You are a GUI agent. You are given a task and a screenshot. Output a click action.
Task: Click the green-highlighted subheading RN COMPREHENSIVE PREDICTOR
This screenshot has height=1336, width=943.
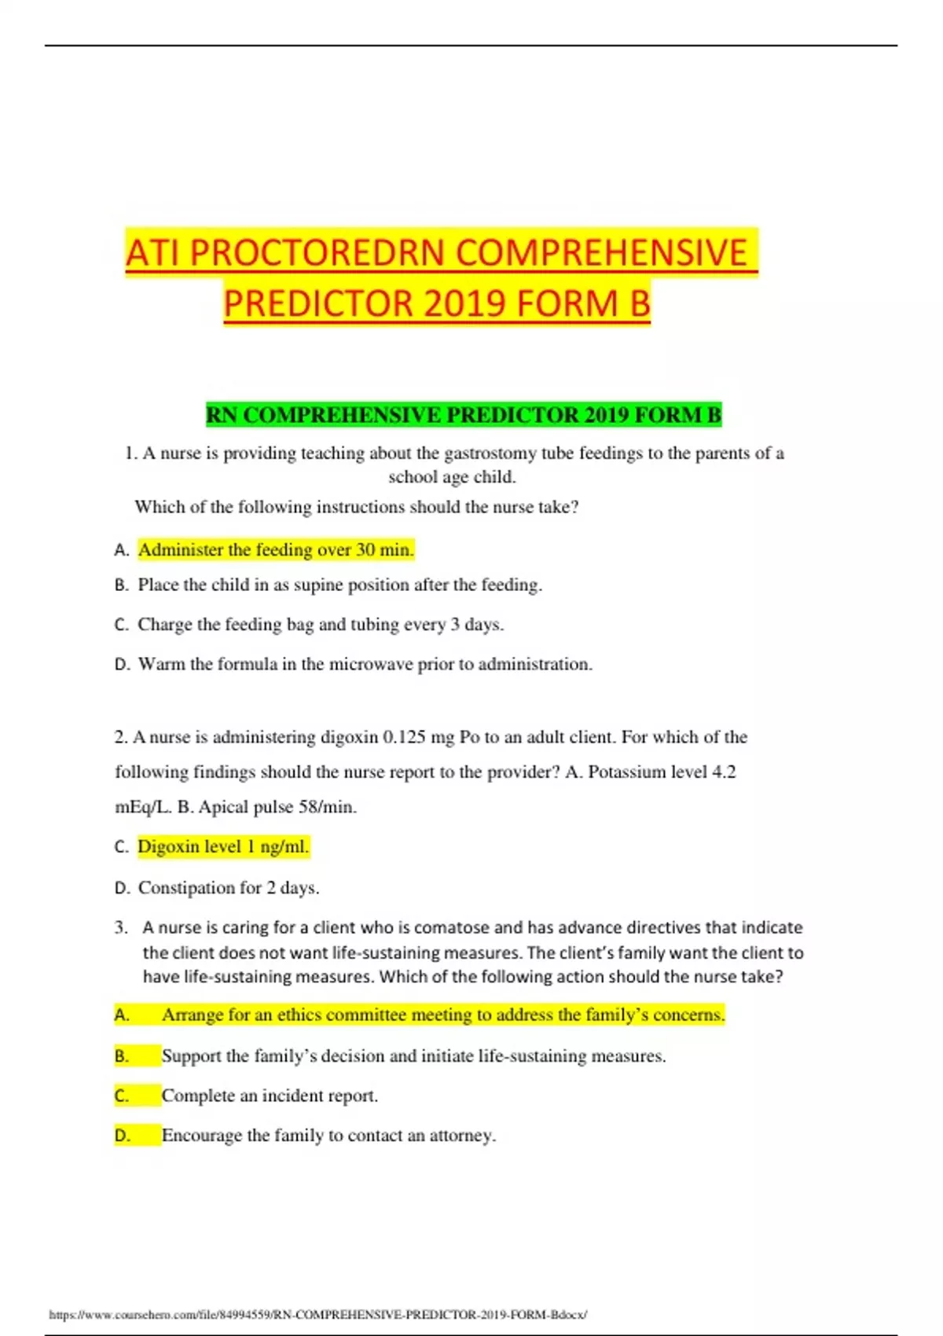pos(463,415)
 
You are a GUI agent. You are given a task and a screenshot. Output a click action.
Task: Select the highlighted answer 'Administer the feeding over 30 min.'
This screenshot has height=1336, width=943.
pos(275,549)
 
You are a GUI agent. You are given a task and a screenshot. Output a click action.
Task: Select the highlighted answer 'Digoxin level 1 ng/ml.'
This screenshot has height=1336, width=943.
pos(223,846)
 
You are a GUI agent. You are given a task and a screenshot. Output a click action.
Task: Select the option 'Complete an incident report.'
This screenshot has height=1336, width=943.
pos(270,1096)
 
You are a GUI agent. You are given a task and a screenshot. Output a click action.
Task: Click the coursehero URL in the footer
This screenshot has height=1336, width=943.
pos(317,1314)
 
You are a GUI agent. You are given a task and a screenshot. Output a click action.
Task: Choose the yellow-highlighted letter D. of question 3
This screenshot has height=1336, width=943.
pos(123,1135)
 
